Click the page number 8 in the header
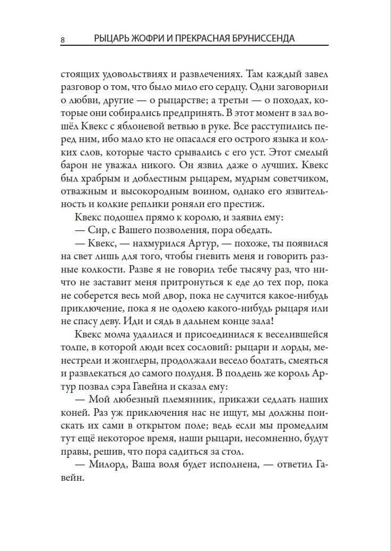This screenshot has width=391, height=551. [x=63, y=39]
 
